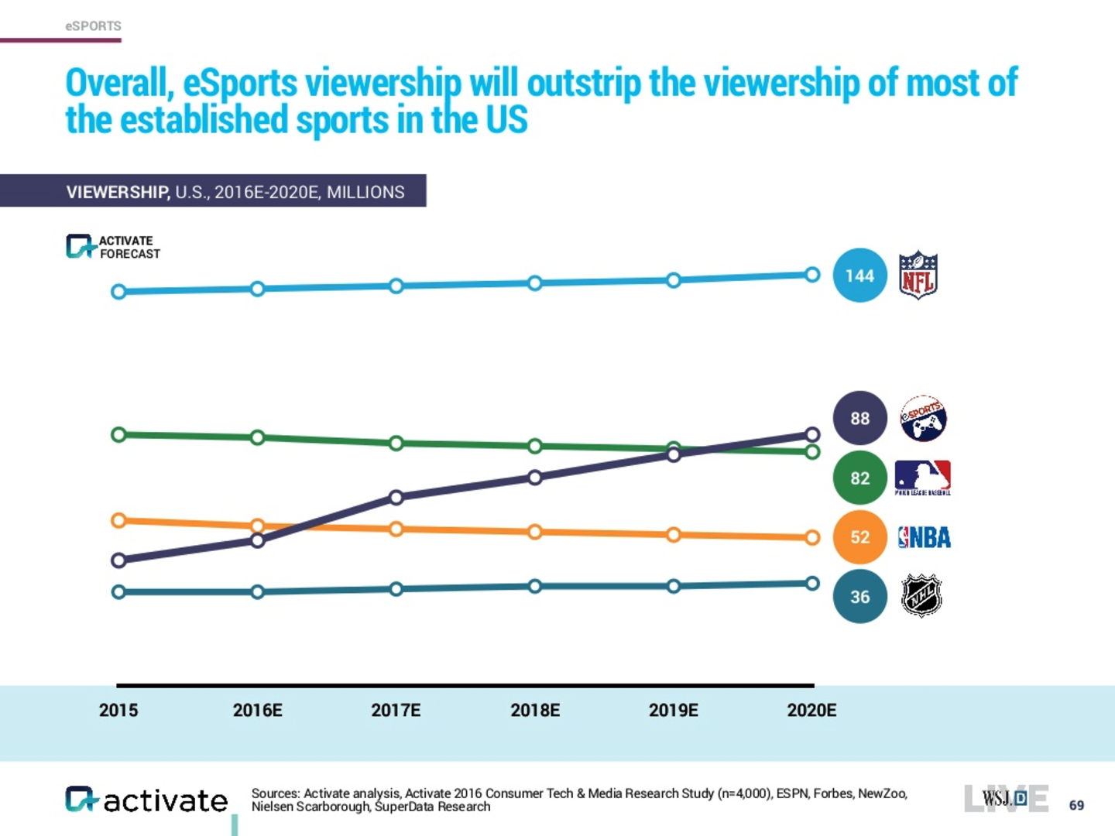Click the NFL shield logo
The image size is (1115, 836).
tap(918, 275)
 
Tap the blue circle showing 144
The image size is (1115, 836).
tap(859, 276)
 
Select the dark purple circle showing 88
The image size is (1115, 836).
tap(859, 418)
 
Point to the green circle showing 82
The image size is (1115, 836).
tap(859, 478)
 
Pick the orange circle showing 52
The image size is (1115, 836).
tap(859, 537)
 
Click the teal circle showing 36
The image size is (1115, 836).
tap(859, 597)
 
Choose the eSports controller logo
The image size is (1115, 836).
tap(923, 418)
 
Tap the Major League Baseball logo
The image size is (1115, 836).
tap(922, 478)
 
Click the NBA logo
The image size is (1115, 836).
tap(924, 537)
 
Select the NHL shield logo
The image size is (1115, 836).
tap(921, 596)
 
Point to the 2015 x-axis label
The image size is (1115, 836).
tap(118, 710)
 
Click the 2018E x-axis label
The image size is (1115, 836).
tap(535, 710)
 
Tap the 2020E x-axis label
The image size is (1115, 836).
tap(811, 710)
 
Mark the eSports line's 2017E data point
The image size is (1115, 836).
tap(396, 497)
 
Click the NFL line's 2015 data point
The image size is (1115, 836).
tap(118, 292)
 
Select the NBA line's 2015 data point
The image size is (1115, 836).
tap(118, 520)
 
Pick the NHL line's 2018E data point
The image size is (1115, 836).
tap(534, 586)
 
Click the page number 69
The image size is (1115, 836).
tap(1076, 805)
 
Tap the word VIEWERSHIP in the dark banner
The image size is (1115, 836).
tap(118, 192)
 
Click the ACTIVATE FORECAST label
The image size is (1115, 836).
tap(129, 247)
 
